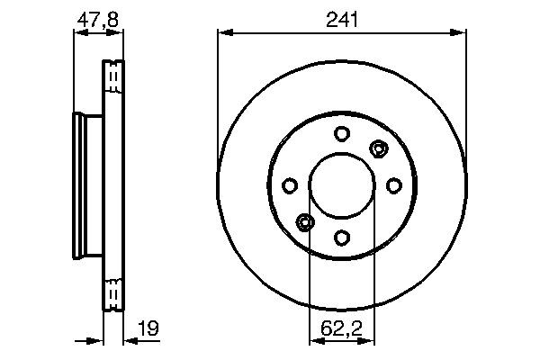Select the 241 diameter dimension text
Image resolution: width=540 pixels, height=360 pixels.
[342, 18]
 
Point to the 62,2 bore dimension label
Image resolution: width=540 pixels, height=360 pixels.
[341, 329]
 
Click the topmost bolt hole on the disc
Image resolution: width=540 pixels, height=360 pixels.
[342, 134]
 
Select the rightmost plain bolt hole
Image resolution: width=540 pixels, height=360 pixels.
[393, 185]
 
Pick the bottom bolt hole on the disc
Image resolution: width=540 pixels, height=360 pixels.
[342, 238]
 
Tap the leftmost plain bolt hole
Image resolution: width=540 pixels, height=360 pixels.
[290, 185]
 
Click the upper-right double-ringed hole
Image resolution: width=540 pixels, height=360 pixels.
[379, 148]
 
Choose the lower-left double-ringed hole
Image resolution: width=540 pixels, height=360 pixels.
[305, 222]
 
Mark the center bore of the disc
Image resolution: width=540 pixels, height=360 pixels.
[342, 185]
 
